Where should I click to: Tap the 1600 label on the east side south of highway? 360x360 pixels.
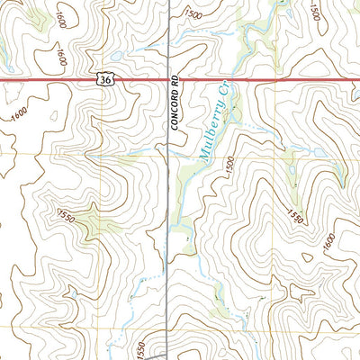(x=328, y=241)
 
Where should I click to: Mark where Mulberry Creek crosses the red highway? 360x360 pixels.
(x=227, y=81)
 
